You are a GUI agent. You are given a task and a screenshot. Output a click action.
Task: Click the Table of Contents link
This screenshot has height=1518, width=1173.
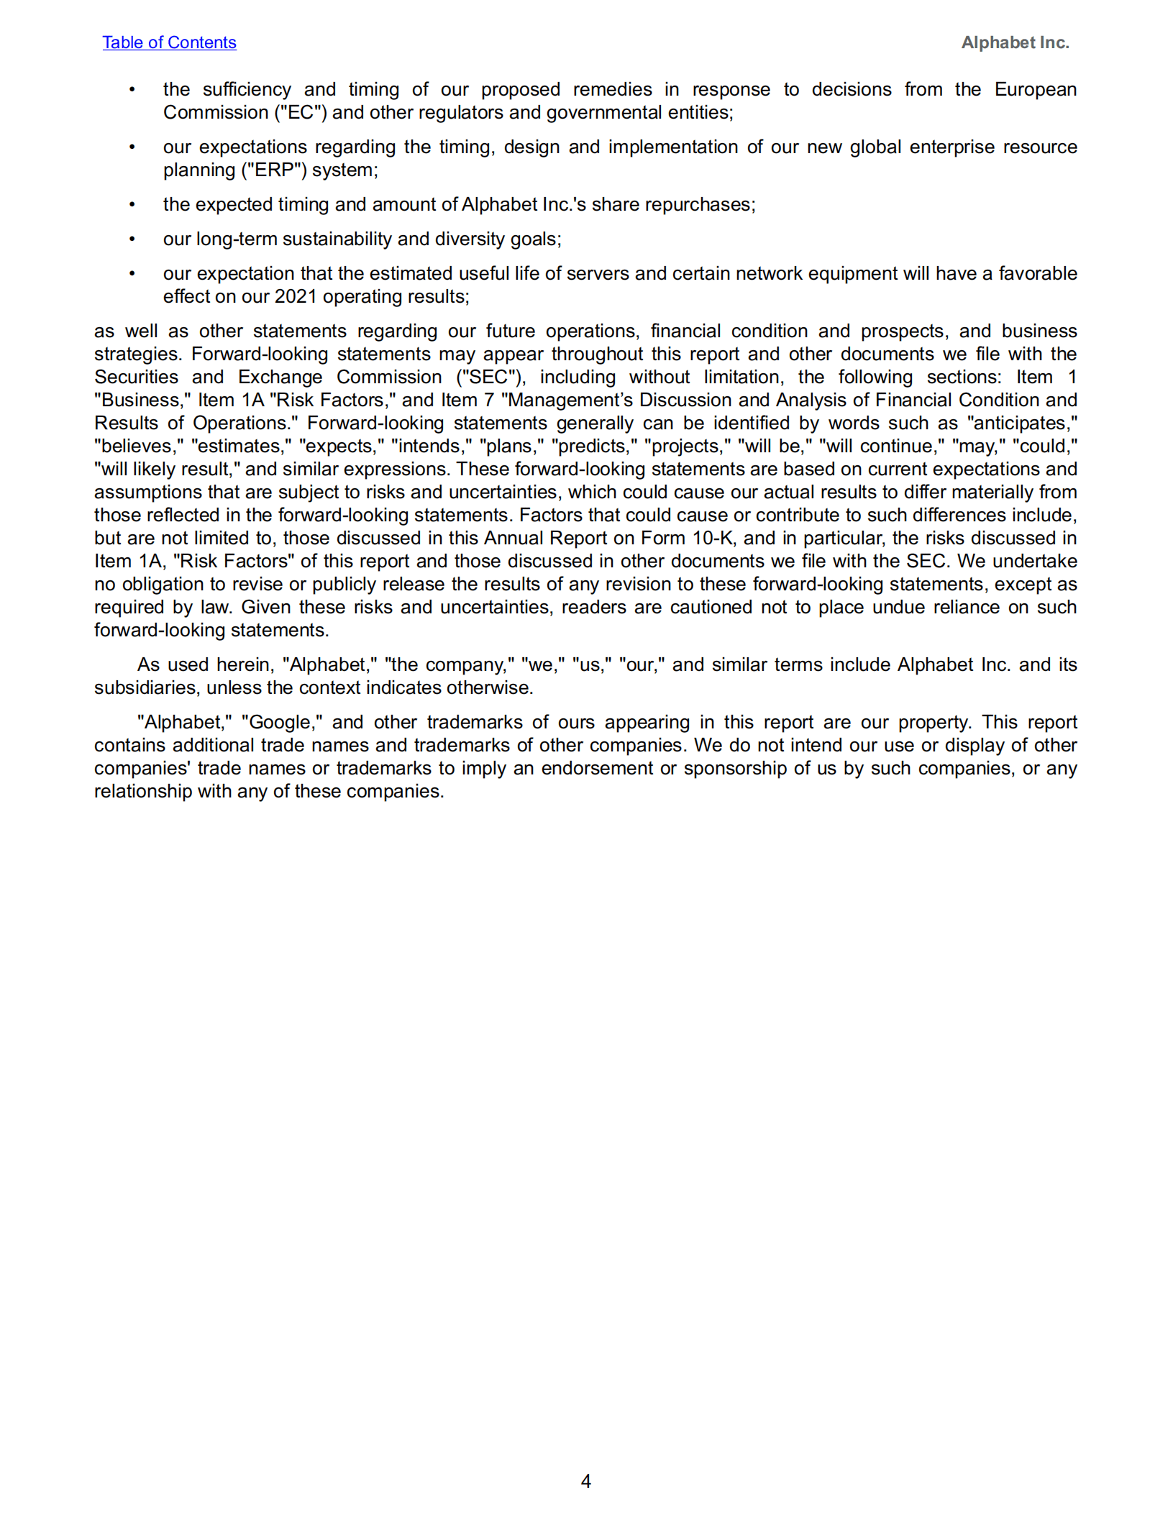pyautogui.click(x=169, y=42)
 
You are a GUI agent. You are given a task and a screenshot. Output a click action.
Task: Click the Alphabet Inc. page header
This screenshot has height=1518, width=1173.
pyautogui.click(x=1015, y=42)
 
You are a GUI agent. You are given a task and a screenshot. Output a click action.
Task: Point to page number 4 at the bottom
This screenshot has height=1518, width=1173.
pyautogui.click(x=585, y=1481)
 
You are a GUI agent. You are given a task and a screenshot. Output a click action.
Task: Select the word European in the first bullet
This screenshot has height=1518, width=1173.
pyautogui.click(x=1035, y=89)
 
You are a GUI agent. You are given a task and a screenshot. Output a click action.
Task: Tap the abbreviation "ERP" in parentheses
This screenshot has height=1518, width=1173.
pyautogui.click(x=274, y=170)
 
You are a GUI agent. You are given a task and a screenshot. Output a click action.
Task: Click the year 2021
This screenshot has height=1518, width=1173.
pyautogui.click(x=296, y=296)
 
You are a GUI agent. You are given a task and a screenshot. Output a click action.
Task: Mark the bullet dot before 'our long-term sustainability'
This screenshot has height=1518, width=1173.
pyautogui.click(x=132, y=239)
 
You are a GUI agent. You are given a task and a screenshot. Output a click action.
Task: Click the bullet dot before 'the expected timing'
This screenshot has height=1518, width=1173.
pyautogui.click(x=132, y=204)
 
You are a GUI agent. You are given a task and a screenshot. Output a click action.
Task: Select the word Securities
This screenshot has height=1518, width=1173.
pyautogui.click(x=136, y=377)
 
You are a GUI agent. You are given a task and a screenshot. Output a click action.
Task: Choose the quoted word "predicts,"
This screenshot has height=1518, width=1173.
pyautogui.click(x=594, y=446)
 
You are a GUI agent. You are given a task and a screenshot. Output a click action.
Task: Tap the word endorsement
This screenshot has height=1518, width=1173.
pyautogui.click(x=598, y=768)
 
